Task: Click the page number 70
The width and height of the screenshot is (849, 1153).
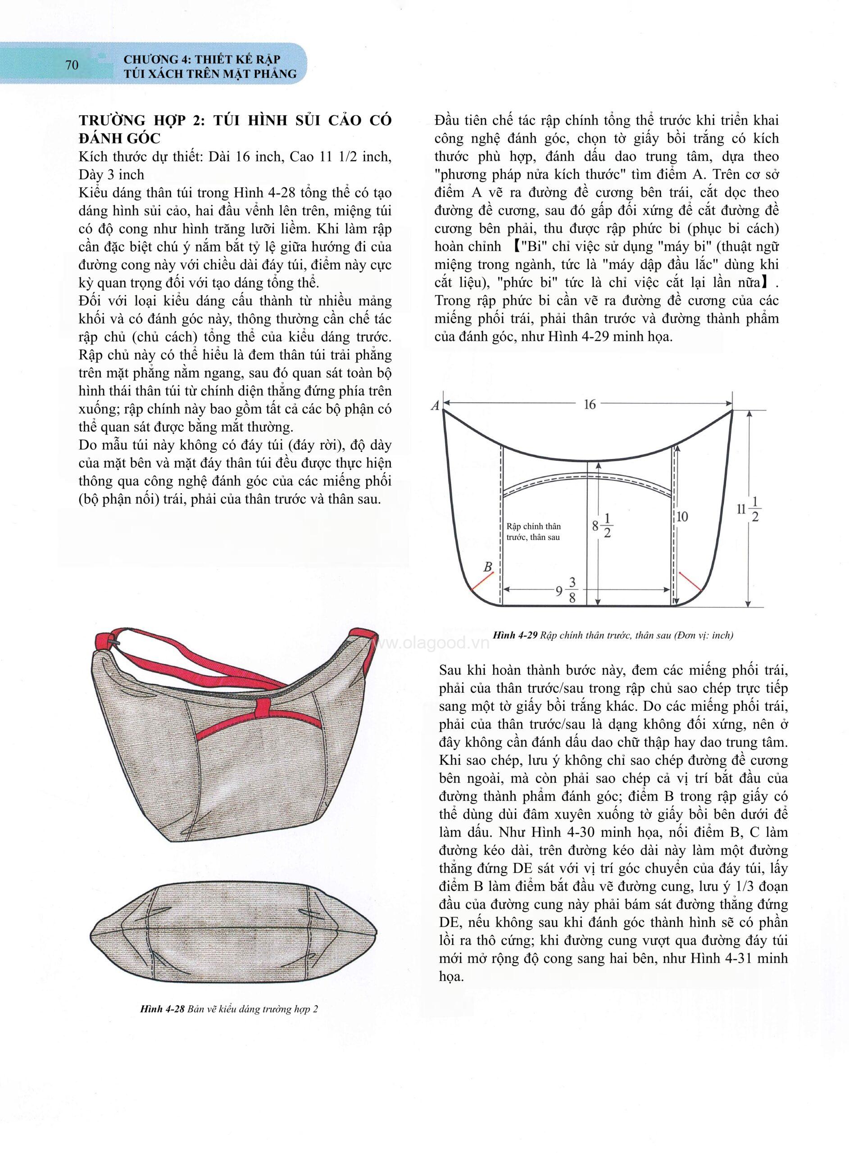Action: point(72,65)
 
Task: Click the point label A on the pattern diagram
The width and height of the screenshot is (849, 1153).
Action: point(435,406)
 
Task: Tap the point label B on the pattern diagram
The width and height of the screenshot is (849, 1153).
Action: point(488,567)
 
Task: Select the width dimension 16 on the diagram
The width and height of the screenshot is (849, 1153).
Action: point(589,404)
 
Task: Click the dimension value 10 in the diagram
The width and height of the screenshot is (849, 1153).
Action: point(682,517)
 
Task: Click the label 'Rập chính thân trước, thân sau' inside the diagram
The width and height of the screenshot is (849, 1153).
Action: point(533,532)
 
